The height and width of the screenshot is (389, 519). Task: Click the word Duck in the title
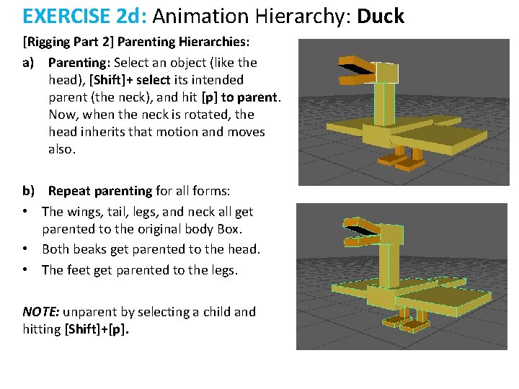[381, 16]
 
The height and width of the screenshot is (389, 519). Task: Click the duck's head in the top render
[386, 73]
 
